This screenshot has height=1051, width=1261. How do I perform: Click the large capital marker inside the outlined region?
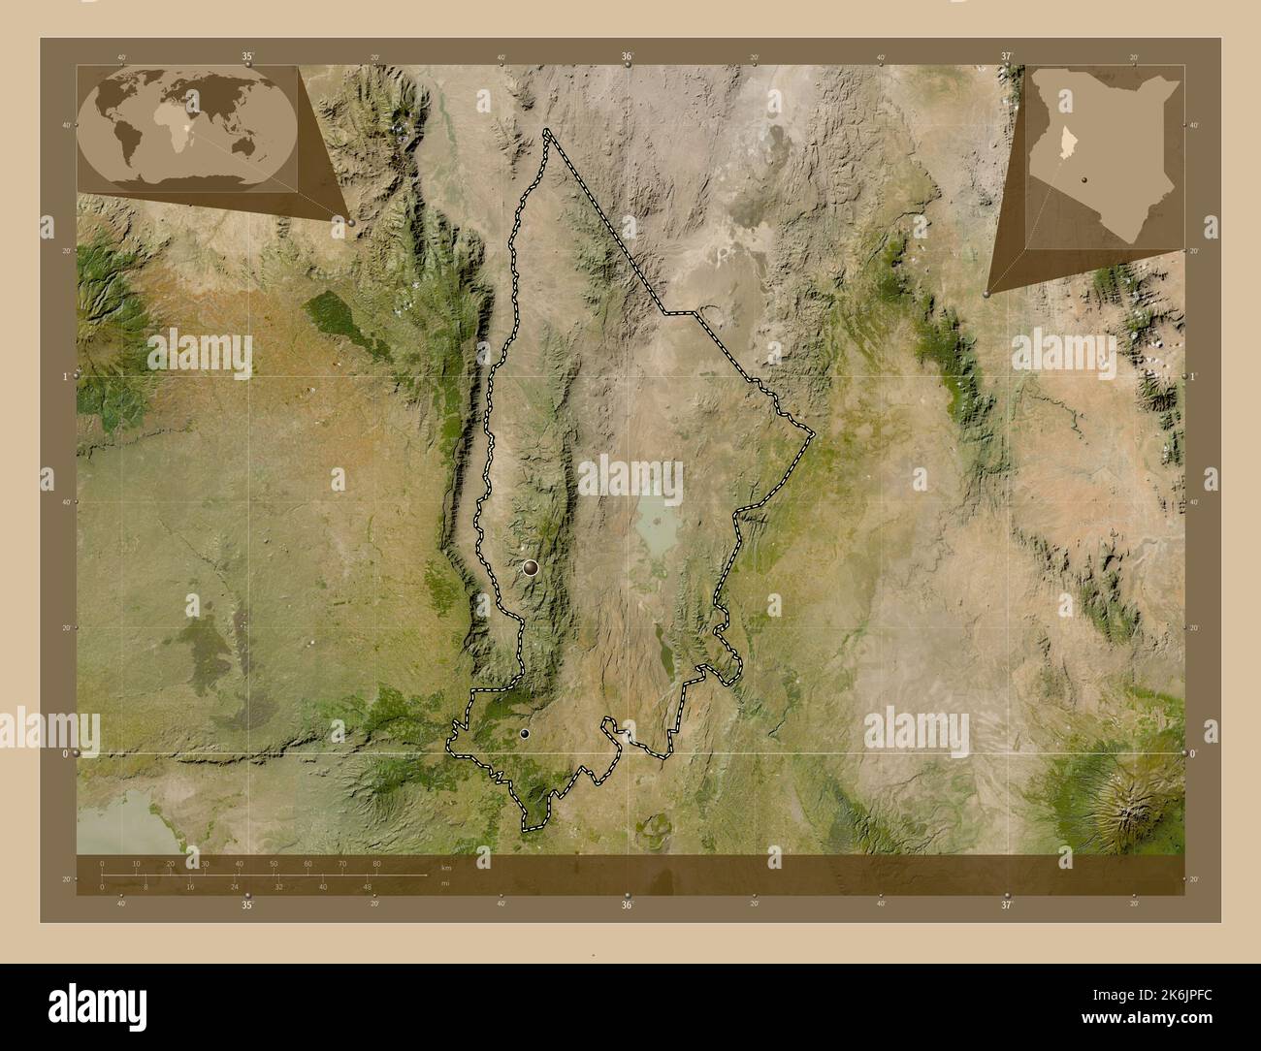(x=530, y=568)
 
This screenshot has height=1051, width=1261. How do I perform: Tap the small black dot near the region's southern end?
(x=525, y=735)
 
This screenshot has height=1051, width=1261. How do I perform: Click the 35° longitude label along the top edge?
(x=248, y=57)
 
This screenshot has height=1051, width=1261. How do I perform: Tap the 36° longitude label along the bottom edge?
(x=628, y=905)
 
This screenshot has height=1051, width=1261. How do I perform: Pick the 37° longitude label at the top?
(x=1007, y=57)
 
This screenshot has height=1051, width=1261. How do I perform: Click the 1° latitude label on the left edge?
(x=65, y=376)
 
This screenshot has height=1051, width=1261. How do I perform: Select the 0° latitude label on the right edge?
(x=1193, y=753)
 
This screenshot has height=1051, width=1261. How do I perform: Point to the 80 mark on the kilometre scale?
(x=376, y=863)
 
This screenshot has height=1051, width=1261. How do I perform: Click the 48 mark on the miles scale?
(x=367, y=886)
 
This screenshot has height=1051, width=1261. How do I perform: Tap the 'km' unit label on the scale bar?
(x=445, y=868)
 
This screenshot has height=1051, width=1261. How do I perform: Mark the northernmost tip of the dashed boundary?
(x=548, y=131)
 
